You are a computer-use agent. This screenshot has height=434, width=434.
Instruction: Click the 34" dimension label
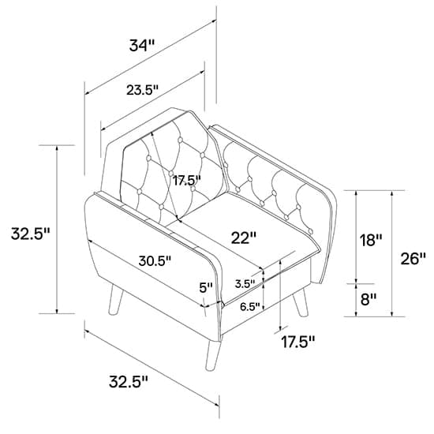pyautogui.click(x=141, y=46)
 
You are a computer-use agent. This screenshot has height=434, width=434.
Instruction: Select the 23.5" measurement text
pyautogui.click(x=143, y=90)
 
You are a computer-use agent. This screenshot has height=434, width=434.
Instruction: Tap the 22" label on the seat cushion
pyautogui.click(x=244, y=238)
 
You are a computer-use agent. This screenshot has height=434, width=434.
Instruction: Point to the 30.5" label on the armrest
pyautogui.click(x=155, y=260)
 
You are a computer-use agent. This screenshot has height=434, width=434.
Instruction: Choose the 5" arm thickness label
pyautogui.click(x=206, y=288)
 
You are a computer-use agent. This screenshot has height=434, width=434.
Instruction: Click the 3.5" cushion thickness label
pyautogui.click(x=245, y=284)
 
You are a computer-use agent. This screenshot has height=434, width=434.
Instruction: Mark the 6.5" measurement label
pyautogui.click(x=250, y=306)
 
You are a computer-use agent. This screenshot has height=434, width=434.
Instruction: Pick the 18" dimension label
pyautogui.click(x=370, y=240)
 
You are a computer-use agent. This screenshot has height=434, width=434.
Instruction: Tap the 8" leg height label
pyautogui.click(x=369, y=300)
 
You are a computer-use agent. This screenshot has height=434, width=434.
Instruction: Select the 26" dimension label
pyautogui.click(x=413, y=259)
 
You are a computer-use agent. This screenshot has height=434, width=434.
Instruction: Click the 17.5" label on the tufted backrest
pyautogui.click(x=187, y=181)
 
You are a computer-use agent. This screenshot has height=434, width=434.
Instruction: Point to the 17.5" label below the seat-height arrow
pyautogui.click(x=298, y=342)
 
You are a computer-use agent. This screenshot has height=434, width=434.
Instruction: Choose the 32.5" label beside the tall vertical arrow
pyautogui.click(x=30, y=234)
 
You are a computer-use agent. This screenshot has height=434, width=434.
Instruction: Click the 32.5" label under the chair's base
pyautogui.click(x=129, y=382)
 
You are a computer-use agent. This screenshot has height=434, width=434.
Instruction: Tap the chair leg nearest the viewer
pyautogui.click(x=213, y=355)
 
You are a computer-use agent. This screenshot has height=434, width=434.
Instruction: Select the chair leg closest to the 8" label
pyautogui.click(x=301, y=302)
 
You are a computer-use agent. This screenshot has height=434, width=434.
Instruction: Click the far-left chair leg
pyautogui.click(x=115, y=300)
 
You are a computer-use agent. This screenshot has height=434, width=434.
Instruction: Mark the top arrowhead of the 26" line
pyautogui.click(x=391, y=193)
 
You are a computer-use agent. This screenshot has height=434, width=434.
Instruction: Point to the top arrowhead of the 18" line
pyautogui.click(x=356, y=193)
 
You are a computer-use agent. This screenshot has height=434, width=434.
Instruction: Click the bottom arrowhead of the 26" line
pyautogui.click(x=391, y=313)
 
